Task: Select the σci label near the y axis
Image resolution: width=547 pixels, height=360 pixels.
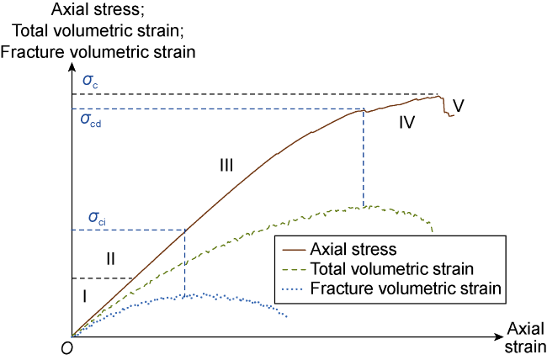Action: [x=92, y=220]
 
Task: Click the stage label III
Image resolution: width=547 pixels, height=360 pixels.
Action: [x=226, y=166]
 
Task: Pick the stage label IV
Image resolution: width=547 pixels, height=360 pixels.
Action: [x=407, y=123]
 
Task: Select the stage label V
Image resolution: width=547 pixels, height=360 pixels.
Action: [x=459, y=104]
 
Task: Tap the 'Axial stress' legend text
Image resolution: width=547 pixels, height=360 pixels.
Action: [x=353, y=249]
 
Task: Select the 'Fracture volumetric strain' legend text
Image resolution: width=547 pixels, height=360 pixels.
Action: [x=406, y=288]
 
